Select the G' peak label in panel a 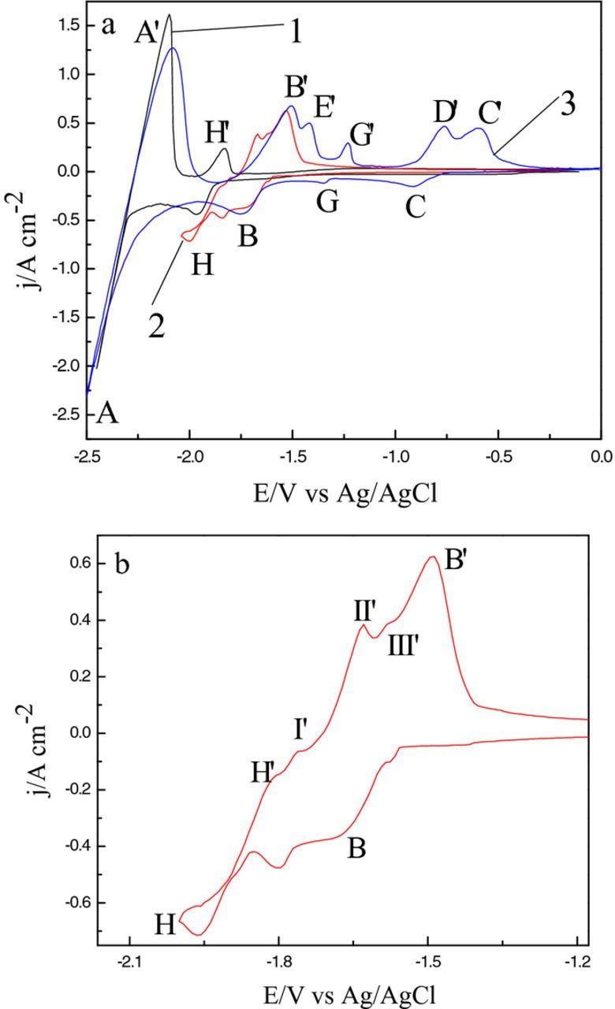363,134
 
